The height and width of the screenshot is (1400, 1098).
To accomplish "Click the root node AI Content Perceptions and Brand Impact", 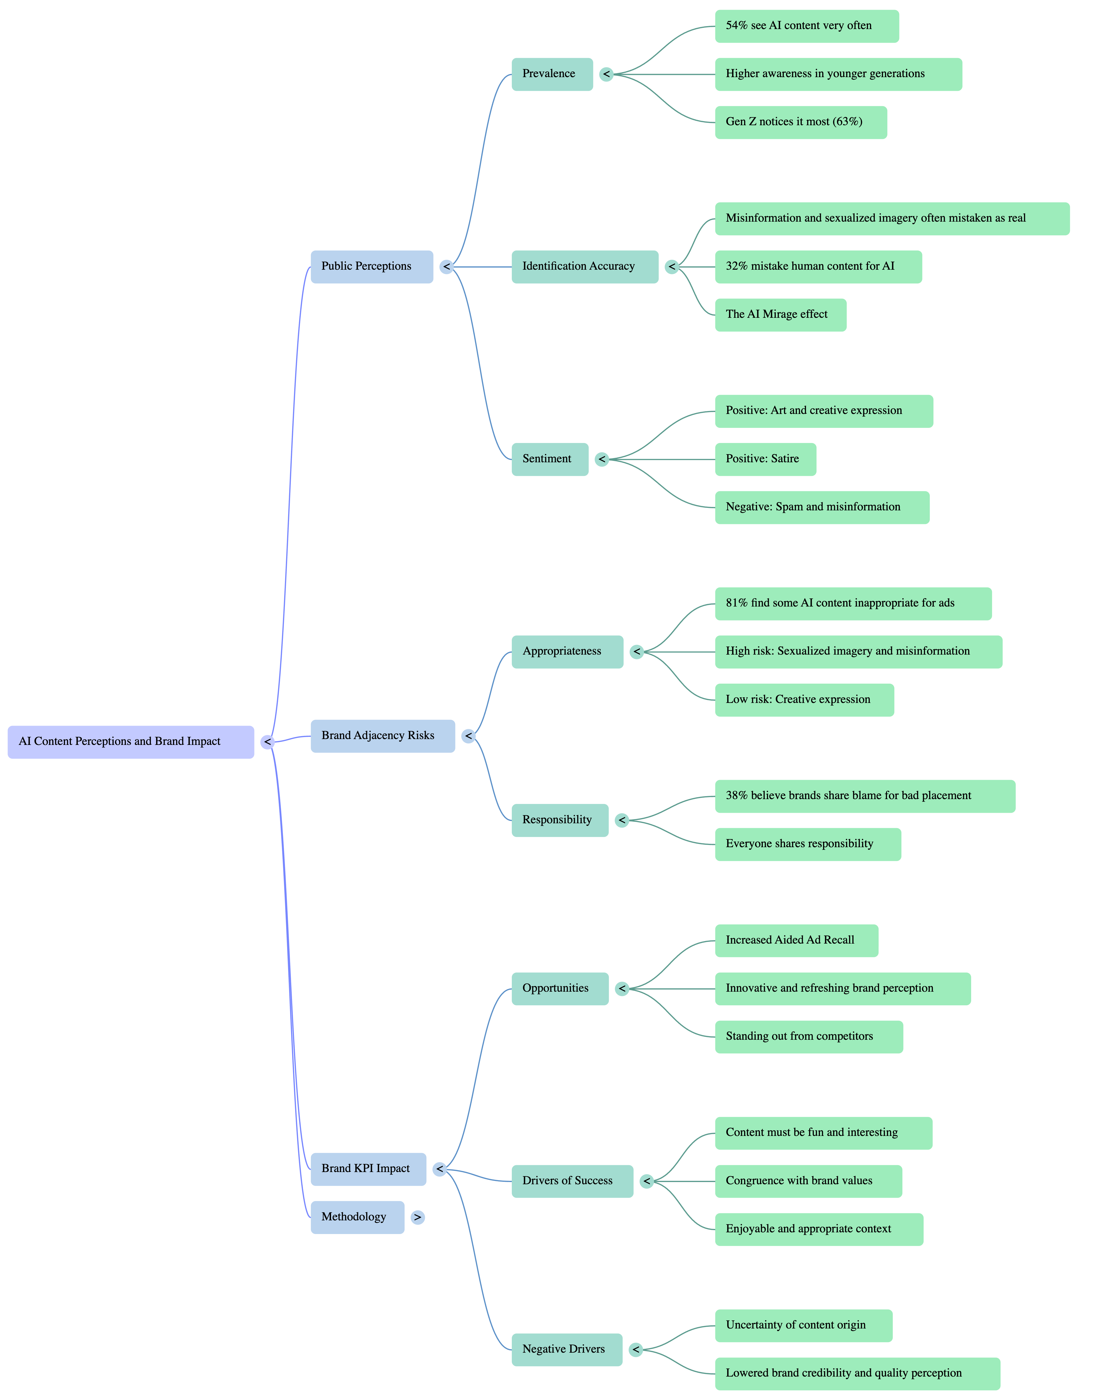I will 131,741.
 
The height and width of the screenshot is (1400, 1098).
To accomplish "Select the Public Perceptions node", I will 372,266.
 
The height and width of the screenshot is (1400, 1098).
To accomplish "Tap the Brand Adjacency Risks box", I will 383,736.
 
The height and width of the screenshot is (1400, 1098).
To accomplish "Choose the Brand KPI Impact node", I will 368,1168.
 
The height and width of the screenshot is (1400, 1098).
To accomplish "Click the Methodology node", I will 357,1217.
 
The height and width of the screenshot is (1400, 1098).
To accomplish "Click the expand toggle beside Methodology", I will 418,1217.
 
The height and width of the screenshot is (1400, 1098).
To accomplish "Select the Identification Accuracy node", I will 584,266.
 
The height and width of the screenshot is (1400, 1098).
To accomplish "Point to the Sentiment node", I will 550,459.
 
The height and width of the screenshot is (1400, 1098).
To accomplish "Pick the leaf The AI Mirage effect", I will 780,314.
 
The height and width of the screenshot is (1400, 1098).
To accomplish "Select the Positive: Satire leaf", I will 765,459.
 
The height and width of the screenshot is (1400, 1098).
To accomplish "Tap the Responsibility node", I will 559,820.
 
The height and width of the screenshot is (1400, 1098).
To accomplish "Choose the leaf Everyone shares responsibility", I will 807,844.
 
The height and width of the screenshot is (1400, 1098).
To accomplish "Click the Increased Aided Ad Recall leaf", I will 796,940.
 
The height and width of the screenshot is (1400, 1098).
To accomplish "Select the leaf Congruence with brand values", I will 808,1181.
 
